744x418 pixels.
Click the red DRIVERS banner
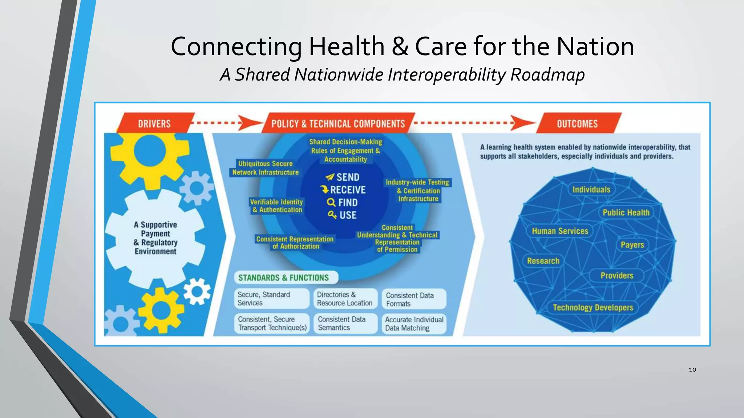[x=154, y=124]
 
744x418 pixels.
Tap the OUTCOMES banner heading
[x=577, y=124]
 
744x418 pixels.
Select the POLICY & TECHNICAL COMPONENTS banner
[x=338, y=124]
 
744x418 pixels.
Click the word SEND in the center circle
[x=348, y=177]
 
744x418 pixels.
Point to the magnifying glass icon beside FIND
[x=331, y=202]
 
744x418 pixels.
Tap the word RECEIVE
[x=348, y=190]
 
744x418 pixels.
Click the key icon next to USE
[x=332, y=215]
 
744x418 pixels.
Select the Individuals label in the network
[x=591, y=189]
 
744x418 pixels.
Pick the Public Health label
[x=626, y=213]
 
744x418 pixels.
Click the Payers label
[x=632, y=245]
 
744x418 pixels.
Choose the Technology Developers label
[x=593, y=308]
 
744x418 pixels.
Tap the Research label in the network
[x=543, y=261]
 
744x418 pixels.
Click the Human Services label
[x=560, y=231]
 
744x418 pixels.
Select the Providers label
[x=616, y=275]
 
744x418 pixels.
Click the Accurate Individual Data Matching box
[x=414, y=324]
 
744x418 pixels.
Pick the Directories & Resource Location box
[x=345, y=299]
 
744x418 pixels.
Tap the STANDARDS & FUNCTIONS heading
[x=283, y=278]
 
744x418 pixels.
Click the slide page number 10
[x=692, y=370]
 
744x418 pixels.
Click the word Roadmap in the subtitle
[x=547, y=75]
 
